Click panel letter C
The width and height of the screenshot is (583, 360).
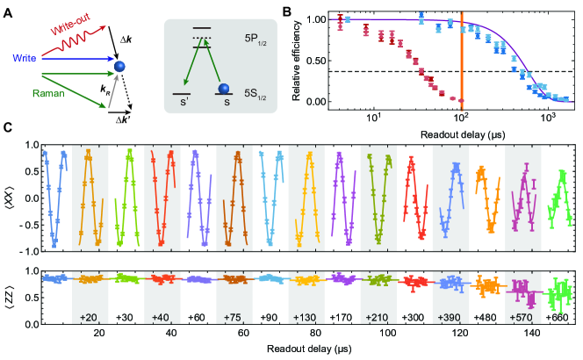coord(7,128)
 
